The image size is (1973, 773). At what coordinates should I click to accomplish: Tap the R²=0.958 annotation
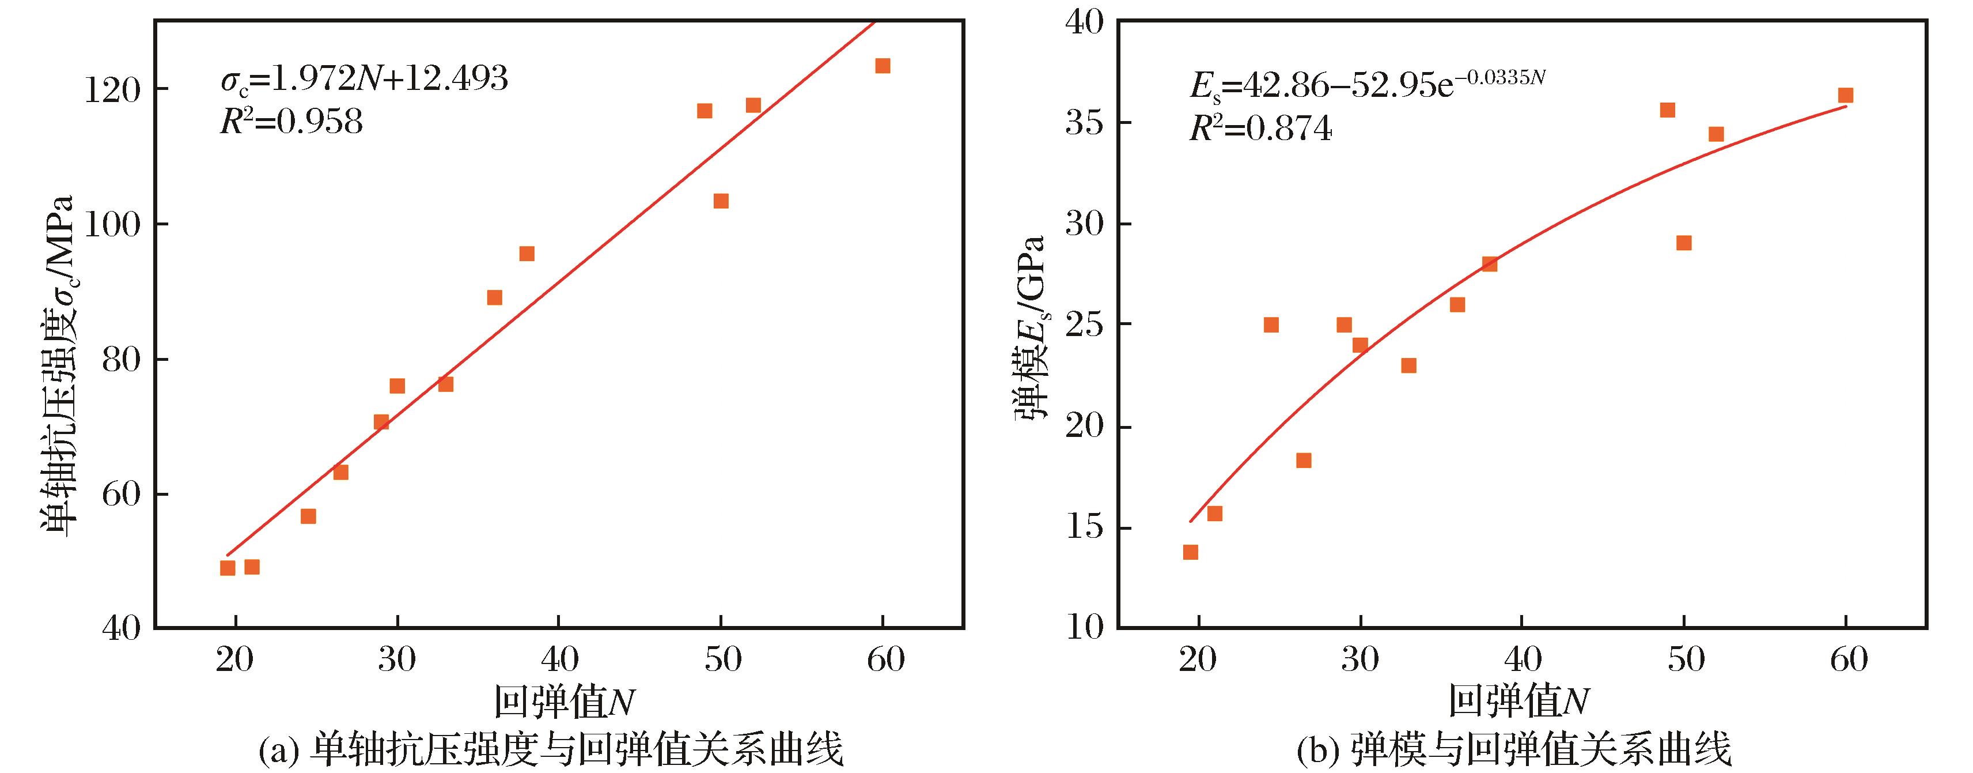pos(291,122)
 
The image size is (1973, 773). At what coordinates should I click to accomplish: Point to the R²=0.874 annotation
pos(1260,129)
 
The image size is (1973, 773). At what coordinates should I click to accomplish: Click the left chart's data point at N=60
pos(883,66)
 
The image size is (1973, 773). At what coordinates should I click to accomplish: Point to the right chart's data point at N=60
pos(1846,96)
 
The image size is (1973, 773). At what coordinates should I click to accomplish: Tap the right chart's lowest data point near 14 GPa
pos(1190,552)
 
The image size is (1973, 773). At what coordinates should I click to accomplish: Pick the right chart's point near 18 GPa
pos(1304,461)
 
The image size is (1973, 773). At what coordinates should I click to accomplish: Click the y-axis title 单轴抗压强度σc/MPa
pos(58,365)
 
